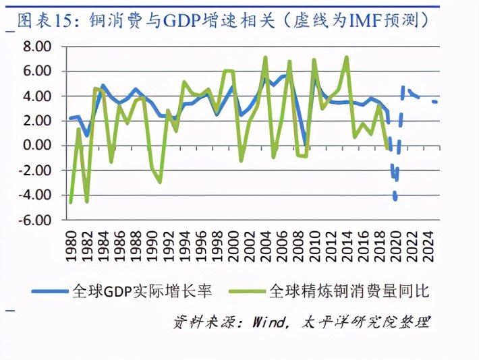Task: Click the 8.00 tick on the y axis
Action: tap(36, 47)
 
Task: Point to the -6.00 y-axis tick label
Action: tap(34, 220)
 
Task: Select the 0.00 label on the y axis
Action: tap(36, 146)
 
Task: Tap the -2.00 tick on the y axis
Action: tap(34, 171)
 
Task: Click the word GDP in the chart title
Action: tap(179, 21)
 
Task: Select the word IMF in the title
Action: tap(364, 21)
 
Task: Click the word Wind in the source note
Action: tap(269, 322)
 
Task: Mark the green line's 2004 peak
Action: tap(265, 58)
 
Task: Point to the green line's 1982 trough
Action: tap(87, 201)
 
